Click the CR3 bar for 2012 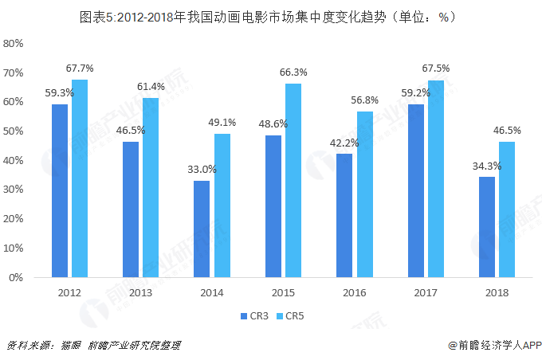tap(60, 191)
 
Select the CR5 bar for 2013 tap(151, 188)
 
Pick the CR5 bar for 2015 tap(293, 181)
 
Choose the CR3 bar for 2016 tap(344, 216)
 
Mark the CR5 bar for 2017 tap(435, 179)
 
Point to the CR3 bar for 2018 tap(487, 228)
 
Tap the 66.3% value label tap(293, 72)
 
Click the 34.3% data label tap(486, 166)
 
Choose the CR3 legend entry tap(255, 316)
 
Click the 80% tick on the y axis tap(15, 43)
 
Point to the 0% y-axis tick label tap(18, 278)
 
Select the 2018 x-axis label tap(497, 293)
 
